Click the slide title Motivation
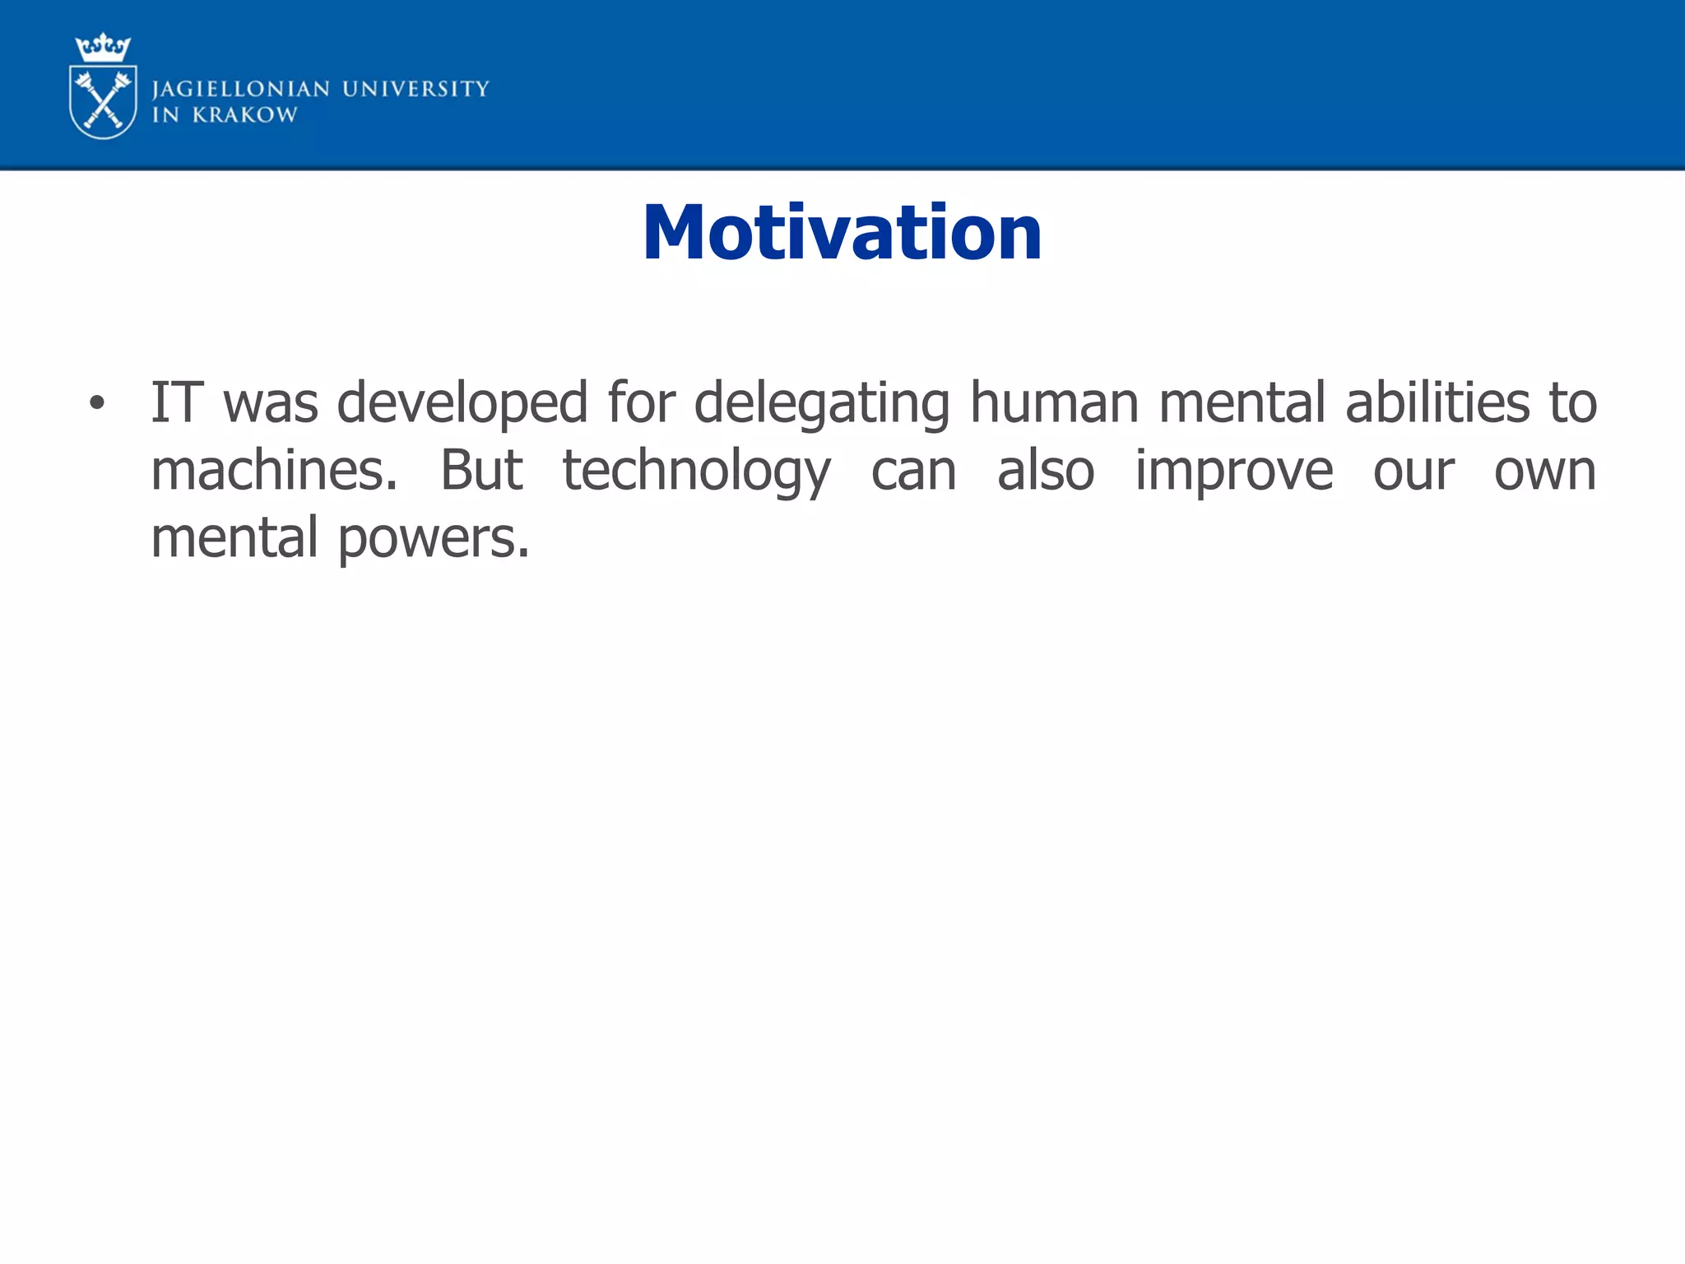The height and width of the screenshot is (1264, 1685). coord(842,233)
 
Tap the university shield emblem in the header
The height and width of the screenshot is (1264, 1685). coord(103,101)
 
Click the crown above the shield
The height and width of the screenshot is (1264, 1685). coord(103,48)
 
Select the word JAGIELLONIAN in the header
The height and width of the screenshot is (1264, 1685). coord(241,89)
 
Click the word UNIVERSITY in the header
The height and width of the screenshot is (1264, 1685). coord(415,88)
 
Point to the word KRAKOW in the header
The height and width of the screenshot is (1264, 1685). coord(244,115)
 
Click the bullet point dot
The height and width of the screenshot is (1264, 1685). coord(97,403)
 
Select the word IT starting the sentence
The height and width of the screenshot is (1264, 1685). coord(176,402)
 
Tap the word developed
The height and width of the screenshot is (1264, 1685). coord(462,402)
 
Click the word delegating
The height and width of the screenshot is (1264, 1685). coord(821,402)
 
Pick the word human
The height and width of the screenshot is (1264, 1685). coord(1054,402)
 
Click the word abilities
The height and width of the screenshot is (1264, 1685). coord(1437,402)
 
